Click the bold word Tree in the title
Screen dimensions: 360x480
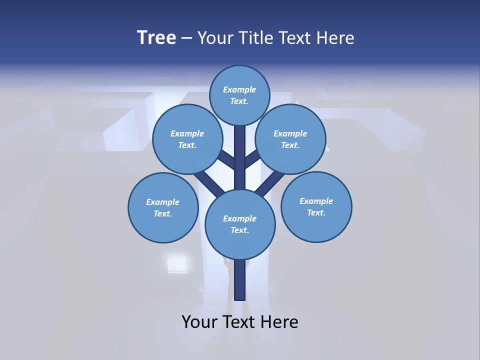tap(156, 38)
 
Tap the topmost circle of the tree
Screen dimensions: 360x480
tap(239, 95)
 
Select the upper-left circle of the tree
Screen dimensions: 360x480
tap(187, 139)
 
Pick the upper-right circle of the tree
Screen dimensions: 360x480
tap(290, 139)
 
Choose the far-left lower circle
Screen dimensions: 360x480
tap(163, 207)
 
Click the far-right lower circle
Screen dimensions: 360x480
tap(316, 206)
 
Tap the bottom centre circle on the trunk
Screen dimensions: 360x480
tap(240, 224)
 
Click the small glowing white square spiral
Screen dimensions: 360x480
tap(177, 265)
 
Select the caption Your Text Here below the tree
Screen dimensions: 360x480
tap(240, 321)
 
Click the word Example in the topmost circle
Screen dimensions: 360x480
tap(239, 89)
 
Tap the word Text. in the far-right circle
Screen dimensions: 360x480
tap(316, 212)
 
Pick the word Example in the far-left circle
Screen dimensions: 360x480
tap(163, 202)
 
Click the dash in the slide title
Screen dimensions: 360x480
tap(187, 38)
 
